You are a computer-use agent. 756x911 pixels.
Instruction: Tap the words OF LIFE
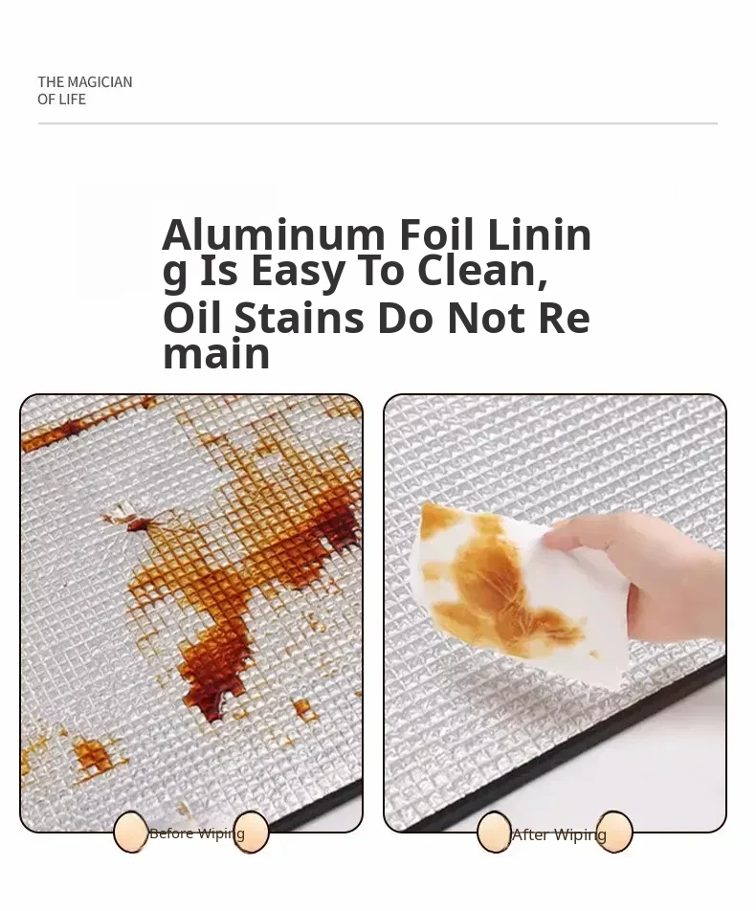point(61,100)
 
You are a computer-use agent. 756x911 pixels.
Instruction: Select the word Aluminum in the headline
point(274,234)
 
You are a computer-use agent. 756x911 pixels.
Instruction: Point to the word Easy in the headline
point(299,272)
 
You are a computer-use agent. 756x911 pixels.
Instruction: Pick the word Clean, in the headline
point(483,272)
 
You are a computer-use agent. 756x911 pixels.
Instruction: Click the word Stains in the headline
point(300,319)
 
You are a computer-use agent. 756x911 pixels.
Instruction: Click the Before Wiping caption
point(197,833)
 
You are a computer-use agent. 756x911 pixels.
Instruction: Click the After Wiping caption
point(559,834)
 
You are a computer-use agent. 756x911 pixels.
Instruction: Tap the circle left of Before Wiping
point(131,832)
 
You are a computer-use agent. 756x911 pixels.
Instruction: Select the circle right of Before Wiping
point(252,832)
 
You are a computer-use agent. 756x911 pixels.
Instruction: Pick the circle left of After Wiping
point(494,832)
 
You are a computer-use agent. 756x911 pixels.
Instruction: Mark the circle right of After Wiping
point(614,832)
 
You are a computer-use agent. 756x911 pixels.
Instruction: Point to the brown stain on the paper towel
point(500,587)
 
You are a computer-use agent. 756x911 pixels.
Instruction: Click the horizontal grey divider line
point(378,123)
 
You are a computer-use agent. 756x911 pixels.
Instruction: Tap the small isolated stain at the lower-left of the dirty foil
point(93,755)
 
